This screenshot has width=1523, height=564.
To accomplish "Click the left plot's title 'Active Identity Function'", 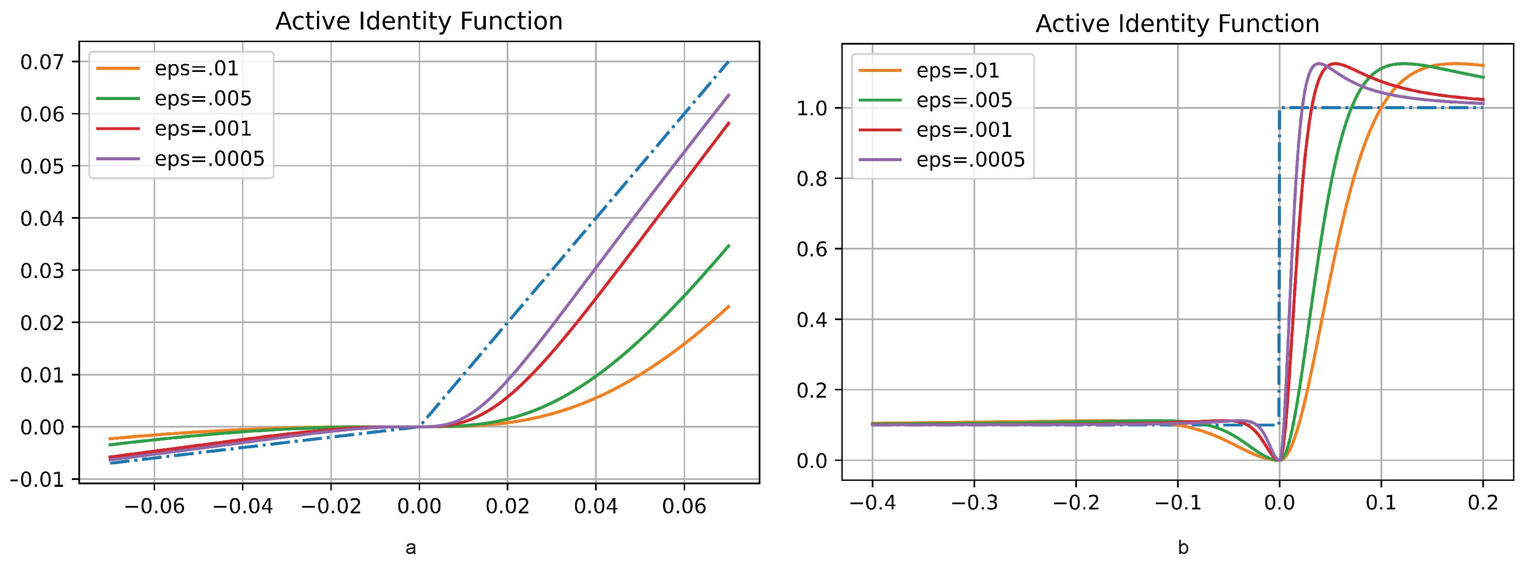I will click(x=419, y=22).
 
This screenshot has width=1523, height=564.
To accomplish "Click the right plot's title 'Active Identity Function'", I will click(x=1177, y=24).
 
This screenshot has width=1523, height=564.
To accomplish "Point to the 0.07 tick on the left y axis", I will click(x=42, y=62).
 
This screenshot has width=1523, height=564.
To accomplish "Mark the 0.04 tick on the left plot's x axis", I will click(x=595, y=506).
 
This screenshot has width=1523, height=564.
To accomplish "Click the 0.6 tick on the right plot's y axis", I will click(x=812, y=249).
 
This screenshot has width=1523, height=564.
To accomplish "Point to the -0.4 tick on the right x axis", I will click(x=872, y=502).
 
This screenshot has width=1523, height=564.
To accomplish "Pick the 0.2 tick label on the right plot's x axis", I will click(x=1483, y=502).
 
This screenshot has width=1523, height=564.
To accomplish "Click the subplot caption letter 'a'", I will click(x=411, y=548).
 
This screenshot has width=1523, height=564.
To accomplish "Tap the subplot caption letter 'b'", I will click(x=1183, y=548).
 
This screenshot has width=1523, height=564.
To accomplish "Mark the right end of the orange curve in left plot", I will click(x=729, y=306).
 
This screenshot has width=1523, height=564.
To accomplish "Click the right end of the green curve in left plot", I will click(x=729, y=245).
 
